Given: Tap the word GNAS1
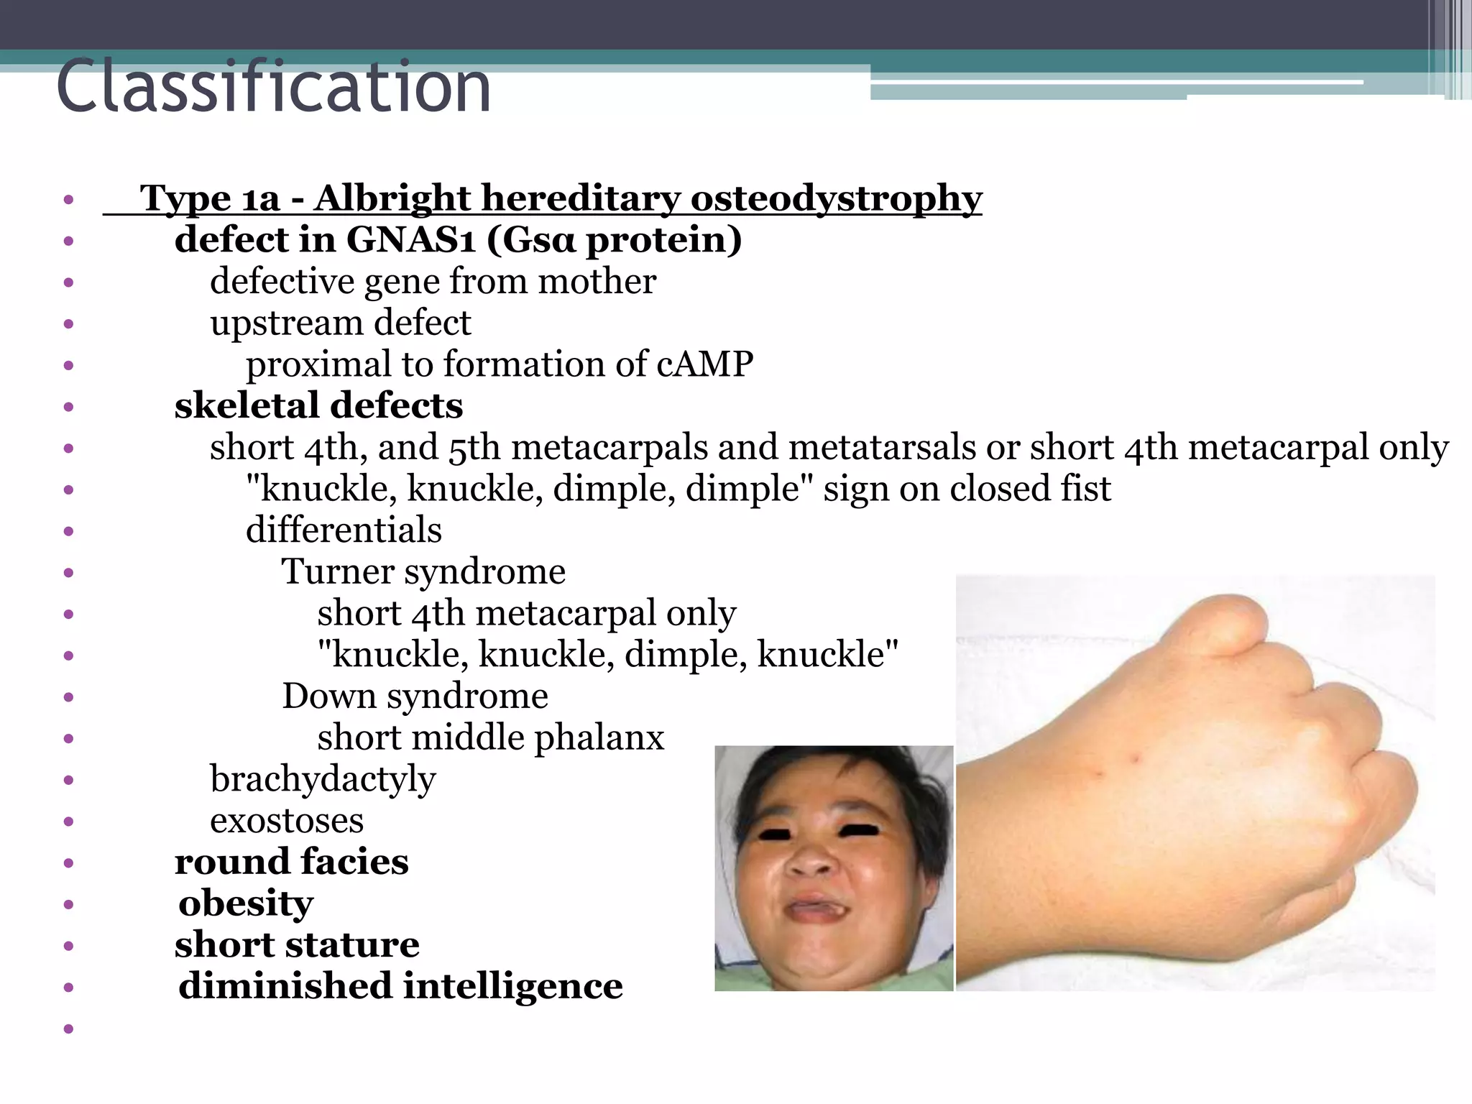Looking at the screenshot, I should (410, 239).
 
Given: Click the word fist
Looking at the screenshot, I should (1086, 489).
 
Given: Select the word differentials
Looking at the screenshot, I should (344, 530).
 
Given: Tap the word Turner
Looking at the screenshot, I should (337, 572).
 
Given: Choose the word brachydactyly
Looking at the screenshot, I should (323, 780).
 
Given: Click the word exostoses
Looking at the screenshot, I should (287, 821).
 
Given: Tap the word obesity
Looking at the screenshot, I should (246, 903).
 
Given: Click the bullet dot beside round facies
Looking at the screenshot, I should (68, 862).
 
